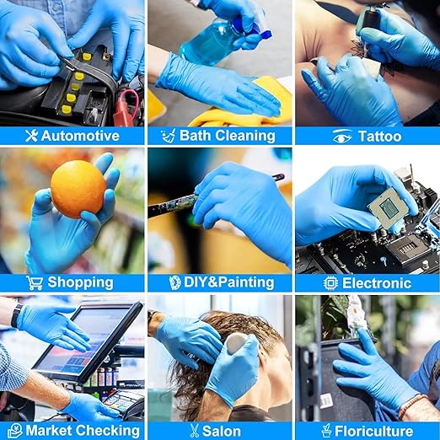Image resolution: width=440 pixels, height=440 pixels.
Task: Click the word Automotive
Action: tap(80, 136)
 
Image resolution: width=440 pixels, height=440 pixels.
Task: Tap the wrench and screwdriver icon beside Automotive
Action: tap(31, 136)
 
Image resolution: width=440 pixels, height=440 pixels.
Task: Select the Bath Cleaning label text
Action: tap(228, 136)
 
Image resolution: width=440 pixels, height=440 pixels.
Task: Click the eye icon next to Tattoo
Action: tap(342, 137)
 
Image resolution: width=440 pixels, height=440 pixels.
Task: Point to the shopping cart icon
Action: tap(35, 282)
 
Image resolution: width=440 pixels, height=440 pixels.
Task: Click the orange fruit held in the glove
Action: tap(78, 189)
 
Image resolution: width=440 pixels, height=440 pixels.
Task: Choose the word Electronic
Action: tap(377, 283)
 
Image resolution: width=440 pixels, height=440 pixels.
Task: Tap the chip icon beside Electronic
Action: tap(330, 283)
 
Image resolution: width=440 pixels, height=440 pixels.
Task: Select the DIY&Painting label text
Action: tap(229, 282)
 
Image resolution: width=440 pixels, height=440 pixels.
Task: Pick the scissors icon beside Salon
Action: tap(194, 431)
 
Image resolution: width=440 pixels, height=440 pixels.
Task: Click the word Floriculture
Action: tap(374, 431)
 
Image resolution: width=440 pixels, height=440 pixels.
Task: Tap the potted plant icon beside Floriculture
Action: tap(326, 431)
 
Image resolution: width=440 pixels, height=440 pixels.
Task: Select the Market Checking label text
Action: tap(83, 431)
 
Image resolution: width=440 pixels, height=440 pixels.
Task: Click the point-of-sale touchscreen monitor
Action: tap(87, 341)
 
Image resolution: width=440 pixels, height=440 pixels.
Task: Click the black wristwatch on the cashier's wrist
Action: tap(16, 315)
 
